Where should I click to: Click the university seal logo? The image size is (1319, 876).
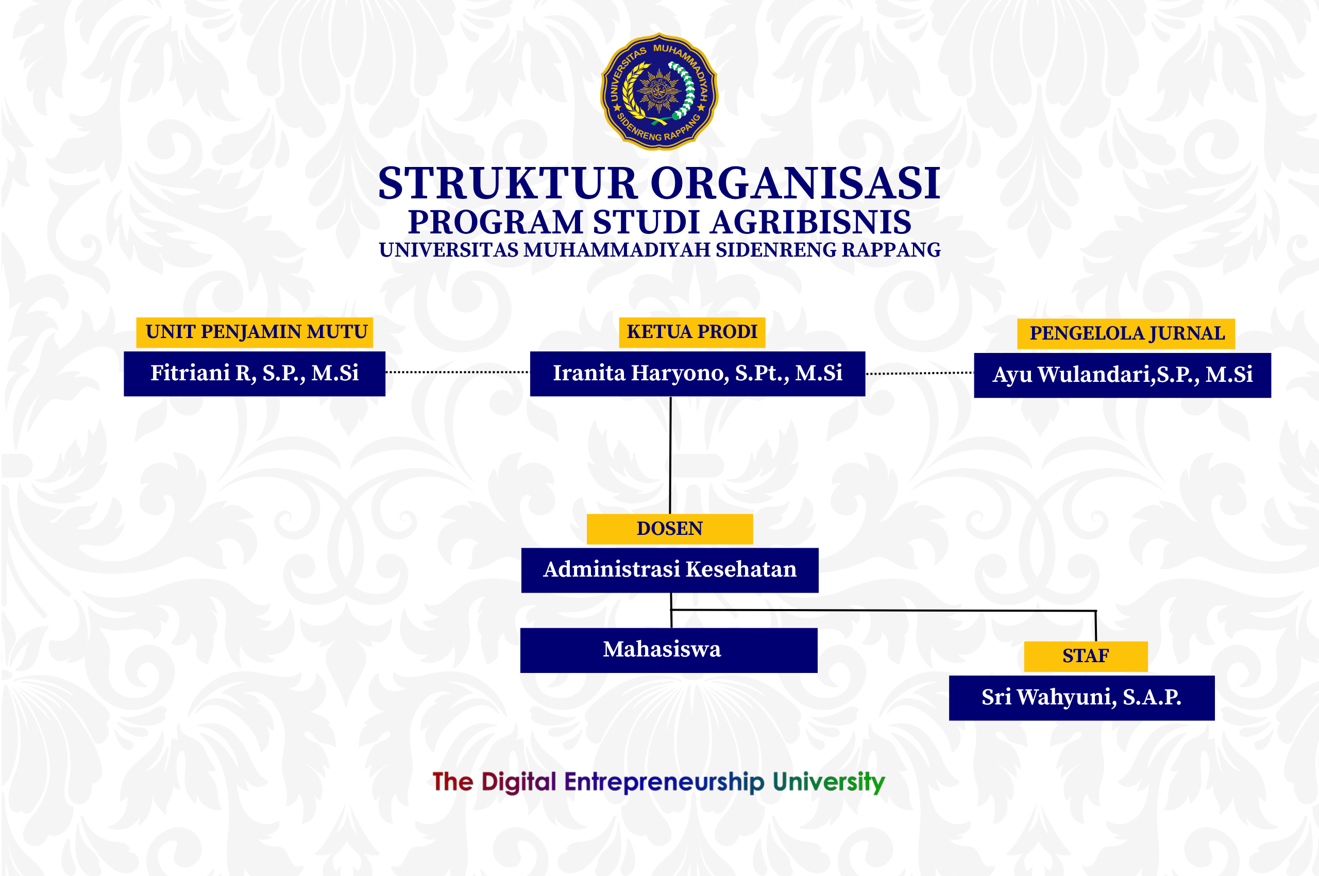click(659, 92)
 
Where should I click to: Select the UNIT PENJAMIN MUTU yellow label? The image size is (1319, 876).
click(255, 332)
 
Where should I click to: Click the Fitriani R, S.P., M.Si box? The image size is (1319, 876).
click(255, 374)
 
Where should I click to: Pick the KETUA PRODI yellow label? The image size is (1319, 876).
click(692, 332)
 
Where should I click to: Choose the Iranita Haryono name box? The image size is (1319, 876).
click(698, 374)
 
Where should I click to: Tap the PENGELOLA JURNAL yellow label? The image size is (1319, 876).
click(1126, 334)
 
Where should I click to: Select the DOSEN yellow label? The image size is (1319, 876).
click(670, 529)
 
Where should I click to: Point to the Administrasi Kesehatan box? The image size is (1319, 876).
click(670, 570)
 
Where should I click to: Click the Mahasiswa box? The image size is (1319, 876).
click(669, 651)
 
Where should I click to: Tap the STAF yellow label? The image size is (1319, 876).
click(1086, 656)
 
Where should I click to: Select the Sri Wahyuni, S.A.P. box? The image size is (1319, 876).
click(1082, 698)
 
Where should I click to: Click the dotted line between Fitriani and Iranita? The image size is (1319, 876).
click(458, 372)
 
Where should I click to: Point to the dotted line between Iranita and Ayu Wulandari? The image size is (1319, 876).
click(920, 373)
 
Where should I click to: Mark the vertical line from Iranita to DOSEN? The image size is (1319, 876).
click(670, 456)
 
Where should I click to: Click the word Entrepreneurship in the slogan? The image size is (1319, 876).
click(664, 782)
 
